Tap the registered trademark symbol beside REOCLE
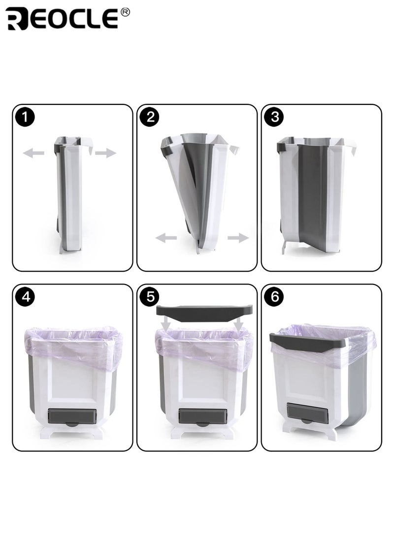point(125,13)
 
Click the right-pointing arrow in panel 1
point(105,154)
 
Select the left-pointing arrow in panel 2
point(166,238)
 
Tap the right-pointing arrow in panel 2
point(238,238)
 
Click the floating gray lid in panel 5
point(204,311)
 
